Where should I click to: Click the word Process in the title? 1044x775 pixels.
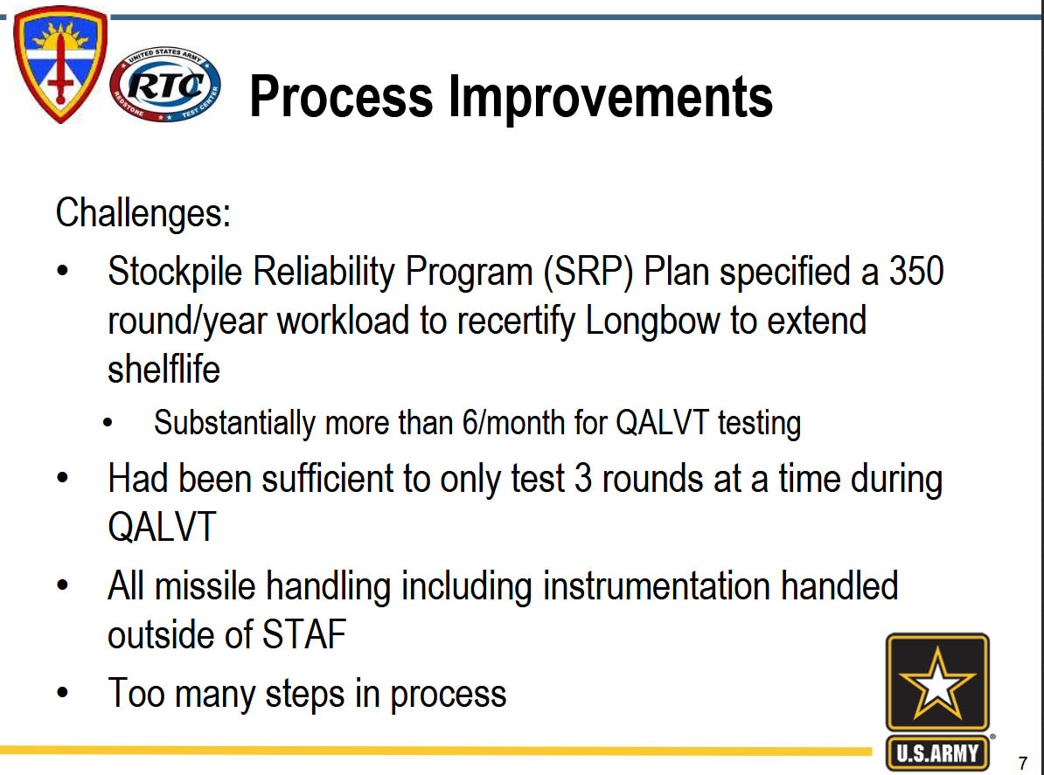pos(341,97)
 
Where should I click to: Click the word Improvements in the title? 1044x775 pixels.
pos(610,97)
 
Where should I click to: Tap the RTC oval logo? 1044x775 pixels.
pos(165,85)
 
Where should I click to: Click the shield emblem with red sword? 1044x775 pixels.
pos(60,64)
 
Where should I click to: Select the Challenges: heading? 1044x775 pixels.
pos(143,213)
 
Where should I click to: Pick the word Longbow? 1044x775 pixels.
pos(652,321)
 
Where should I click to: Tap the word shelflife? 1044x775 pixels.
pos(164,370)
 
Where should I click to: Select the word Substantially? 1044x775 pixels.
pos(234,423)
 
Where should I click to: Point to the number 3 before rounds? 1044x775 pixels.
pos(582,480)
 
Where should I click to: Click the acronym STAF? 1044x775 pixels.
pos(304,634)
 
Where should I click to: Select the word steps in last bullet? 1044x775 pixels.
pos(304,695)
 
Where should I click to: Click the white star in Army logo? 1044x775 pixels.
pos(936,684)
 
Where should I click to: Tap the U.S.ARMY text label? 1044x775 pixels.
pos(937,753)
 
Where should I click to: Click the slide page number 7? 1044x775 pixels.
pos(1023,763)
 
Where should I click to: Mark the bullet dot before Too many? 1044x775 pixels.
pos(63,693)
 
